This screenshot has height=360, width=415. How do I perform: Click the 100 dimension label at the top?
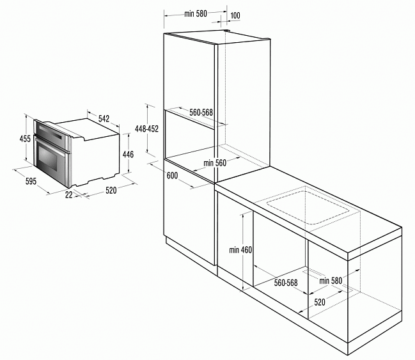pyautogui.click(x=235, y=15)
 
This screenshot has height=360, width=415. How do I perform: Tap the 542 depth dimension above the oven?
pyautogui.click(x=104, y=118)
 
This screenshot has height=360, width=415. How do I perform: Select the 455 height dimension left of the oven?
pyautogui.click(x=25, y=139)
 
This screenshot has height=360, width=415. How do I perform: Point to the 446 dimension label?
pyautogui.click(x=128, y=154)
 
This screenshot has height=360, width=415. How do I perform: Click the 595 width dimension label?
pyautogui.click(x=31, y=182)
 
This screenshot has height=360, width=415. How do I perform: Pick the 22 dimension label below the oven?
pyautogui.click(x=69, y=195)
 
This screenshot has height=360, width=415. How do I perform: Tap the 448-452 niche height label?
pyautogui.click(x=146, y=129)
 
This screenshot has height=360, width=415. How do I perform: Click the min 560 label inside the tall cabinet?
pyautogui.click(x=215, y=163)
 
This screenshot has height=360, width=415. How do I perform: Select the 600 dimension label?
pyautogui.click(x=172, y=175)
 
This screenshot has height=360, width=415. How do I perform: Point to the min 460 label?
pyautogui.click(x=240, y=249)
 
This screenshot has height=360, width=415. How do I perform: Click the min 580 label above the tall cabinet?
pyautogui.click(x=196, y=13)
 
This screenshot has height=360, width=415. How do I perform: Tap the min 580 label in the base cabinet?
pyautogui.click(x=331, y=281)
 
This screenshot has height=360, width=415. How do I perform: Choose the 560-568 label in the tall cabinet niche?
pyautogui.click(x=201, y=113)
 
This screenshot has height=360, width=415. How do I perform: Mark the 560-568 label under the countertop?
pyautogui.click(x=286, y=283)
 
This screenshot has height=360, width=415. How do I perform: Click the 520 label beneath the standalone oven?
pyautogui.click(x=111, y=191)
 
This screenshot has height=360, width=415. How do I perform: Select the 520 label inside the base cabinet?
pyautogui.click(x=320, y=302)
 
